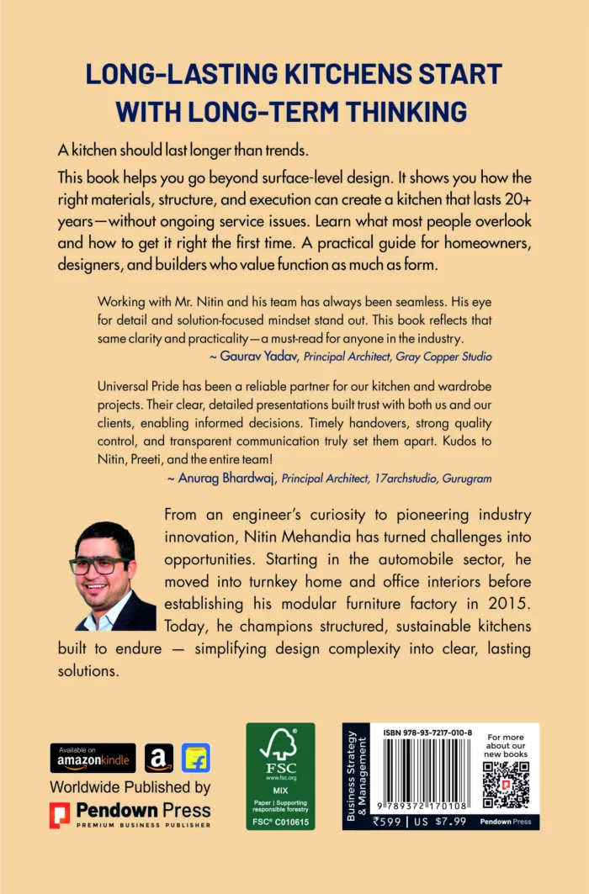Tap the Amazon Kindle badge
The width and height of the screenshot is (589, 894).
93,758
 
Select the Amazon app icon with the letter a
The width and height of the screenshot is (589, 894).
159,758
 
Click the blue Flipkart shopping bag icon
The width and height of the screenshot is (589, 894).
196,758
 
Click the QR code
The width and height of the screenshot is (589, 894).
506,785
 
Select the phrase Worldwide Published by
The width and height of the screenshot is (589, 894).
130,788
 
